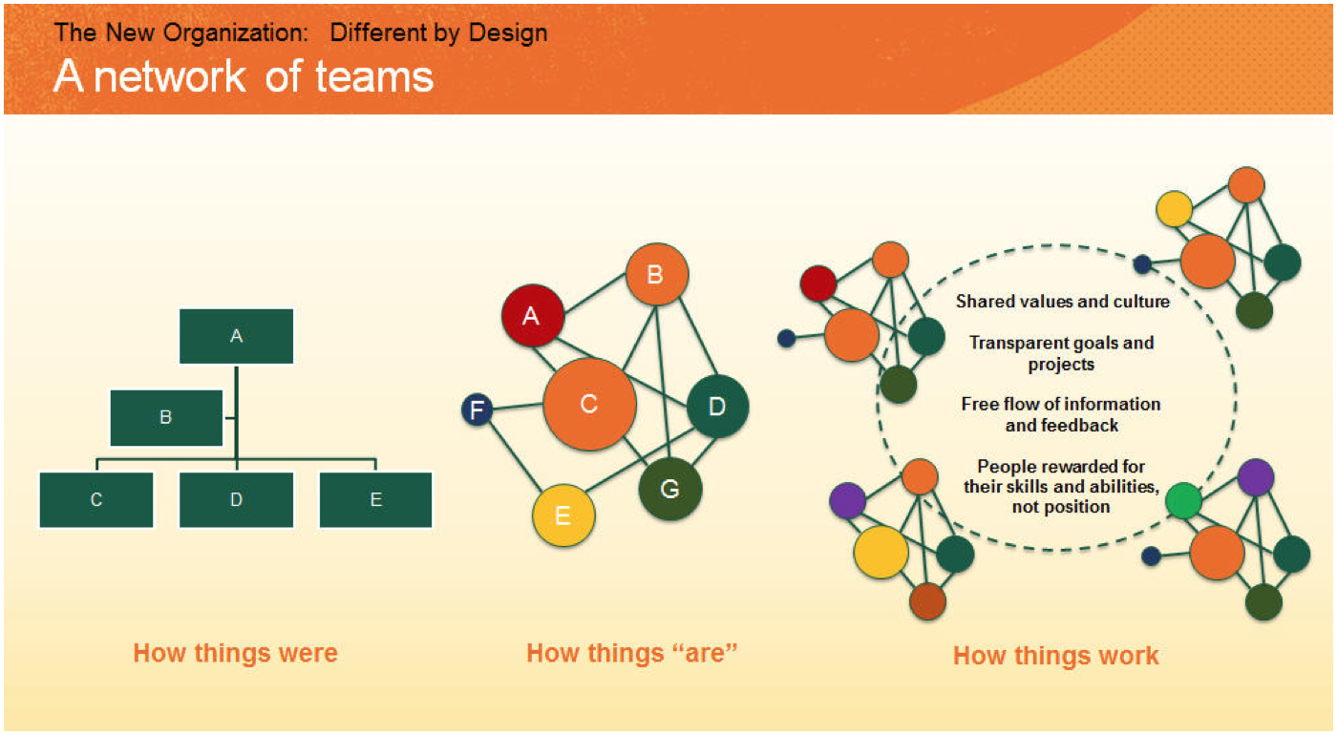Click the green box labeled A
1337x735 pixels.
coord(237,336)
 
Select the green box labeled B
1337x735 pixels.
coord(166,418)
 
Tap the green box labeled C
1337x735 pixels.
coord(96,500)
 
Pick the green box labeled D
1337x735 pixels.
coord(237,500)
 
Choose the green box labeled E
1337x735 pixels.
coord(376,500)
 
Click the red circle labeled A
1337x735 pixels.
coord(533,316)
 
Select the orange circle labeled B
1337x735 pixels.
coord(657,275)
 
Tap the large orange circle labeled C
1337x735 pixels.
coord(589,404)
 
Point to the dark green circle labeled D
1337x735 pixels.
coord(717,407)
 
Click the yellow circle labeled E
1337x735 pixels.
coord(563,515)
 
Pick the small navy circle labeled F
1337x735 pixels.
coord(477,409)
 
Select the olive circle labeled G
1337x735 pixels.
coord(669,489)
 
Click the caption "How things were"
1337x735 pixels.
coord(235,653)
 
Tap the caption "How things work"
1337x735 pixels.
coord(1055,656)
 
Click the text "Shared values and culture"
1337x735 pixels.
coord(1062,302)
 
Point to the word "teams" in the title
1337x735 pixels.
coord(374,77)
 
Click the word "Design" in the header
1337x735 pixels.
coord(508,32)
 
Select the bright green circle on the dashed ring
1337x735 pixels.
coord(1183,500)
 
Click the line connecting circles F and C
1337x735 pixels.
coord(518,407)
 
